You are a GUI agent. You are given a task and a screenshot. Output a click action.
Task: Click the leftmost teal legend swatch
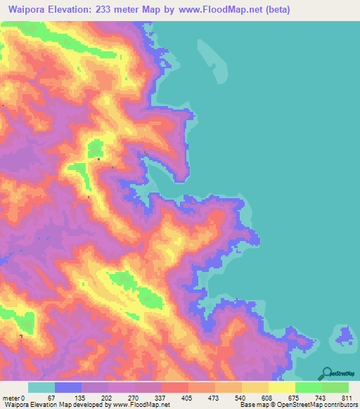[41, 387]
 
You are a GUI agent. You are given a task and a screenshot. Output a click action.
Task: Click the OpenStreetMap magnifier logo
[327, 374]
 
